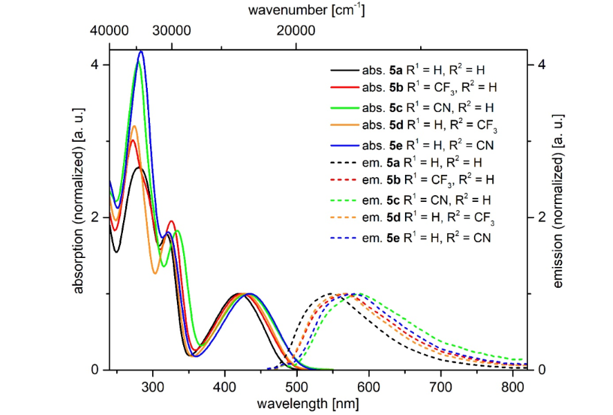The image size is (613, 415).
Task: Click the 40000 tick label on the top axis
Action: [x=109, y=31]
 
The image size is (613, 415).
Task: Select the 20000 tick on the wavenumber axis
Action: [x=296, y=31]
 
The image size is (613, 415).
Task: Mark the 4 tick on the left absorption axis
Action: [x=95, y=65]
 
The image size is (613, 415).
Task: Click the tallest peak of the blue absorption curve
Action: [x=142, y=51]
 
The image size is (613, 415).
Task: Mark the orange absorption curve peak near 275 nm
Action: [x=135, y=126]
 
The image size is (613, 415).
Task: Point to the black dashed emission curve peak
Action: [x=331, y=294]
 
